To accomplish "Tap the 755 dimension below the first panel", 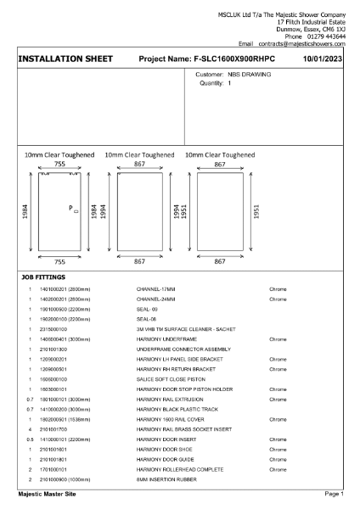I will pos(59,263).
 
